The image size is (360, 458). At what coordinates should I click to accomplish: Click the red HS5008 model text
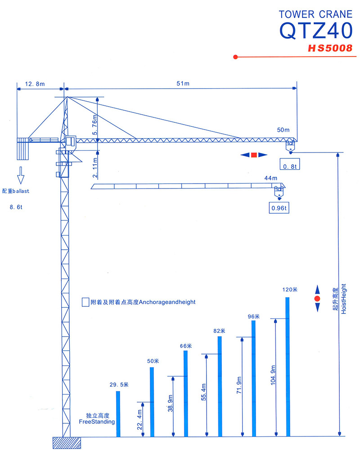click(x=330, y=48)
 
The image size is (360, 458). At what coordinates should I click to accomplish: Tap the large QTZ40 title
click(x=316, y=31)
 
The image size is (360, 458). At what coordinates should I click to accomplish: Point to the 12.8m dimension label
click(x=35, y=84)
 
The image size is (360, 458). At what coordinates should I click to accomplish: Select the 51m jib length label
click(x=183, y=84)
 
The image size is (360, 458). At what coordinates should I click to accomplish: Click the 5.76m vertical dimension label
click(x=94, y=125)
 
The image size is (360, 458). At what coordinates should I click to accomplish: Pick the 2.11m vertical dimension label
click(x=95, y=168)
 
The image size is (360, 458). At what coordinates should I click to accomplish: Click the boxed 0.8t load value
click(x=290, y=164)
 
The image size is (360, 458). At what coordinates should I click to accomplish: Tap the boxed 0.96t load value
click(x=279, y=208)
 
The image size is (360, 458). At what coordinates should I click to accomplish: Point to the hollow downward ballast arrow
click(x=20, y=175)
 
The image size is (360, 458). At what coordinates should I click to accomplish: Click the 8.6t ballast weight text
click(x=16, y=207)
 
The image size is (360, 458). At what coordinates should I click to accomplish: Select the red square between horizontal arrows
click(x=254, y=155)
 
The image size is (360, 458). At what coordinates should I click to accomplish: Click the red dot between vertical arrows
click(x=317, y=299)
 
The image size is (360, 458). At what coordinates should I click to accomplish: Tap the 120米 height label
click(x=290, y=290)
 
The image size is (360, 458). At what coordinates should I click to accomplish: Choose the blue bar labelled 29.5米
click(x=118, y=414)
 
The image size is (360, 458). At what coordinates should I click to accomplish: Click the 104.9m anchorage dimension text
click(x=273, y=375)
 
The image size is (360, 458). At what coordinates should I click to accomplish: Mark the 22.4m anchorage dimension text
click(x=139, y=419)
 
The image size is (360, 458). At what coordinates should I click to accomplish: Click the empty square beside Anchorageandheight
click(x=85, y=302)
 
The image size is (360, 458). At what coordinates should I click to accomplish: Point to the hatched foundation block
click(x=67, y=443)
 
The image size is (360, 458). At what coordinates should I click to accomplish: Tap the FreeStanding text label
click(x=97, y=422)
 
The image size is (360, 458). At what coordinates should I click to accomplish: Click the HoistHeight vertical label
click(x=344, y=299)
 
